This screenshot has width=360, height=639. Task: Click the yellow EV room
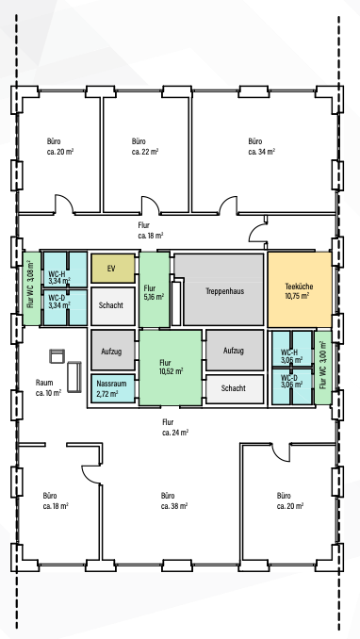click(112, 269)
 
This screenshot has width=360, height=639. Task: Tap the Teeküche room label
click(299, 291)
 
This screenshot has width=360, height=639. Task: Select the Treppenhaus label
click(225, 291)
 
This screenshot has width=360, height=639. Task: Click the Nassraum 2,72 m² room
click(112, 388)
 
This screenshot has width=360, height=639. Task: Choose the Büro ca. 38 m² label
click(174, 500)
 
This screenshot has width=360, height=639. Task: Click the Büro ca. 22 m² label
click(145, 147)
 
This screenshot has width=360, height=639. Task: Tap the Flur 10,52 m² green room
click(171, 368)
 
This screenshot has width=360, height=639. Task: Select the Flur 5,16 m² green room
click(155, 289)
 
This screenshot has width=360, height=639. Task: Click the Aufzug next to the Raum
click(112, 351)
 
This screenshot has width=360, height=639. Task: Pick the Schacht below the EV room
click(112, 305)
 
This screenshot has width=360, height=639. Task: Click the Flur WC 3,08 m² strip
click(31, 288)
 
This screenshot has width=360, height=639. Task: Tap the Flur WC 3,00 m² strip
click(323, 368)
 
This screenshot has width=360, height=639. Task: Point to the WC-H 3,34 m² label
click(59, 277)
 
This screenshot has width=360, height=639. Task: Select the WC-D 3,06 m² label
click(291, 381)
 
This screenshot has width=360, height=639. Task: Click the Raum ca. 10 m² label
click(48, 387)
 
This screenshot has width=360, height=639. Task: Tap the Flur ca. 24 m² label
click(175, 427)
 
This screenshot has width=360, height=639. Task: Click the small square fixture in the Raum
click(57, 355)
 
